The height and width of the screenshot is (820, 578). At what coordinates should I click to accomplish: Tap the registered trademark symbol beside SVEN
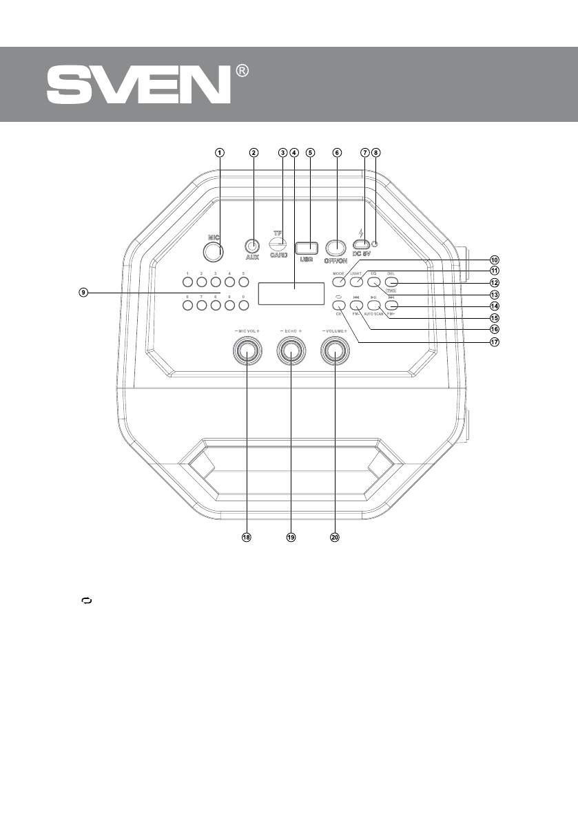(242, 71)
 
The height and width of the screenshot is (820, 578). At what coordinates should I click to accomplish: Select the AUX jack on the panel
(252, 245)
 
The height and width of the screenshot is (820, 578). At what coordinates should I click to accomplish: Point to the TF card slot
(278, 246)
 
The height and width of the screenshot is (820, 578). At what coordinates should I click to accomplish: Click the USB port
(307, 248)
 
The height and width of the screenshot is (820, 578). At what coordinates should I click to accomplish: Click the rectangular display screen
(291, 293)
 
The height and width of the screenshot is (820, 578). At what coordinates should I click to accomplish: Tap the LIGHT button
(355, 281)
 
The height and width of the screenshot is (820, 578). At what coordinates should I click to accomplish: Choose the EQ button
(374, 281)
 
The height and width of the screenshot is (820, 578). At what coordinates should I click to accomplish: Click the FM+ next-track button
(391, 304)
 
